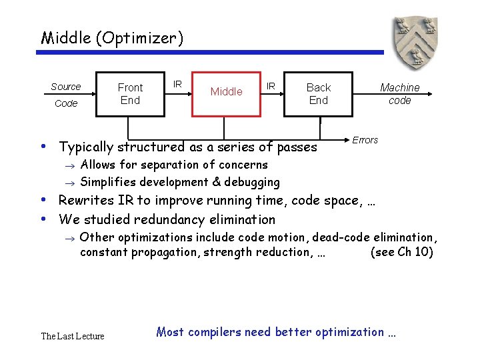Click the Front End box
point(130,93)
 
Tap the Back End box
point(318,93)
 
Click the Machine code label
point(399,93)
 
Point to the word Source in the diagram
point(65,87)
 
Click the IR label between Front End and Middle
point(177,84)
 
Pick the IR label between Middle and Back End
point(271,86)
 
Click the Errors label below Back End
point(365,140)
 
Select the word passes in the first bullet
point(298,147)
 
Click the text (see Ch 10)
point(401,252)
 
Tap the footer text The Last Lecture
point(73,336)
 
